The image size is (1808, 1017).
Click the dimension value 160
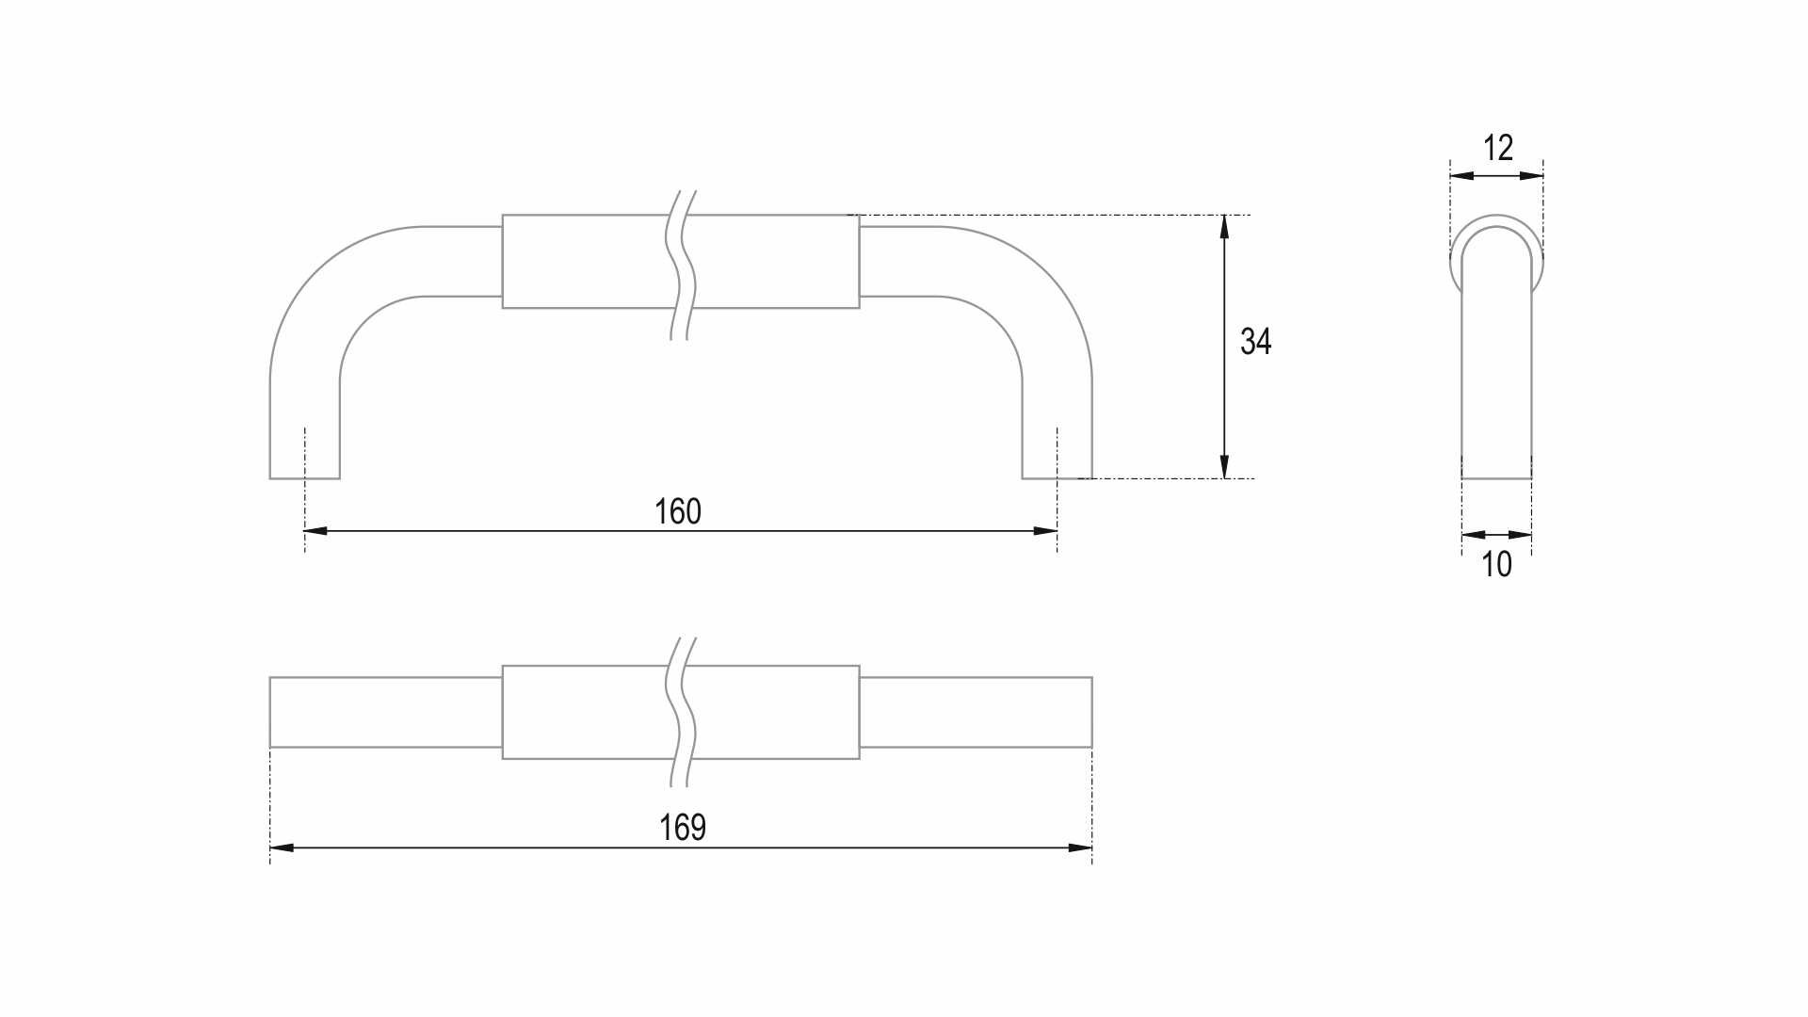(x=678, y=511)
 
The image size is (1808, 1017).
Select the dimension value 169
(x=683, y=827)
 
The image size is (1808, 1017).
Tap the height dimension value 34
(x=1256, y=341)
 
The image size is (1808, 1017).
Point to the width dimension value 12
(x=1498, y=148)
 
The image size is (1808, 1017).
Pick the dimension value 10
(x=1496, y=564)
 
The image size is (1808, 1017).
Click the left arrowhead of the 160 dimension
(x=315, y=531)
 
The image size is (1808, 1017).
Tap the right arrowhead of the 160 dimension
(x=1045, y=531)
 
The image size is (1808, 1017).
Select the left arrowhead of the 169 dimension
(x=282, y=847)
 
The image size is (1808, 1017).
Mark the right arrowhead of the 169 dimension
(x=1080, y=847)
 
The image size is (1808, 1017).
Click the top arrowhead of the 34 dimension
(x=1224, y=227)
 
